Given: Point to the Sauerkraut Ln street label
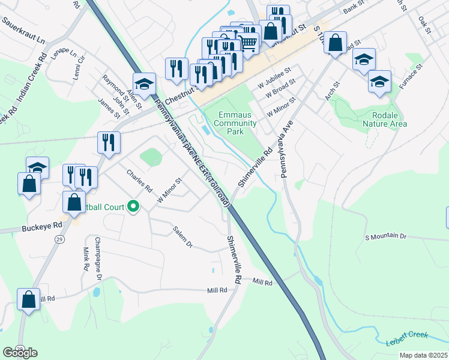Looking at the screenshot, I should [x=23, y=30].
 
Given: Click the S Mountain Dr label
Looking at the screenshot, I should [x=385, y=236].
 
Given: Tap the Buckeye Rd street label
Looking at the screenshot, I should [x=42, y=226].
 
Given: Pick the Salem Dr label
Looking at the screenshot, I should [x=182, y=237].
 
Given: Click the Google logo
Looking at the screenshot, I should [x=20, y=352].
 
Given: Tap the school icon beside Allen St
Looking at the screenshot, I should [x=145, y=84].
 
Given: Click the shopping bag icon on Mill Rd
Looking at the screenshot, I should [x=28, y=299].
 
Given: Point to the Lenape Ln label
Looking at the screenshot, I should [x=65, y=53].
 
